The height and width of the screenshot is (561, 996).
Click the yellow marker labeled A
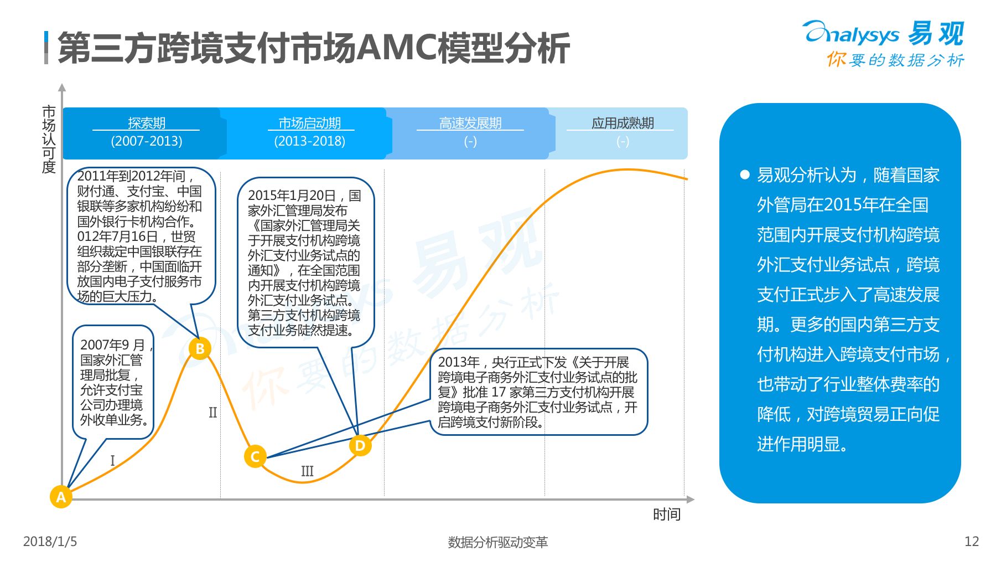[x=61, y=497]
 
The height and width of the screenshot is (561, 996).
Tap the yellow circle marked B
[x=200, y=348]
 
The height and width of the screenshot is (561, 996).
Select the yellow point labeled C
[x=255, y=456]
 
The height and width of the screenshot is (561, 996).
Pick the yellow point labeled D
[x=360, y=445]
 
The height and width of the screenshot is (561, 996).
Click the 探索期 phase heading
[x=147, y=123]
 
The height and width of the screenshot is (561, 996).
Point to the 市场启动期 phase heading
[x=309, y=123]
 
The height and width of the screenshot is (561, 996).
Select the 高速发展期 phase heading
[x=470, y=123]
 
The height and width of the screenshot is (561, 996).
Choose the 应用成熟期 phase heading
[x=622, y=123]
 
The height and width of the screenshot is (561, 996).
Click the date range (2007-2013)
[x=147, y=141]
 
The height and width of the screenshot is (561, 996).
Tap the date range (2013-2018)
[x=309, y=141]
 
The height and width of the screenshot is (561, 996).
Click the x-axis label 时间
[x=666, y=514]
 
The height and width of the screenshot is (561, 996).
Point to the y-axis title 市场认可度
[x=49, y=139]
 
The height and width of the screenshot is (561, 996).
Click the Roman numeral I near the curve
[x=112, y=460]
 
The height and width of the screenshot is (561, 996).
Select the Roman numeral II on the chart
[x=212, y=413]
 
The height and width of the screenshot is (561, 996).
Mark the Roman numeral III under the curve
[x=307, y=471]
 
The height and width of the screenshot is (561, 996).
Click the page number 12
[x=972, y=542]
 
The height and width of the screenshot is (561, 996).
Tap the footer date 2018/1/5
[x=50, y=542]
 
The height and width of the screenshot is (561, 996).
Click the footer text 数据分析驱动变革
[x=497, y=542]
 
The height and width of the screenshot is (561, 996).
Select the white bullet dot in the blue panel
[x=745, y=175]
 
